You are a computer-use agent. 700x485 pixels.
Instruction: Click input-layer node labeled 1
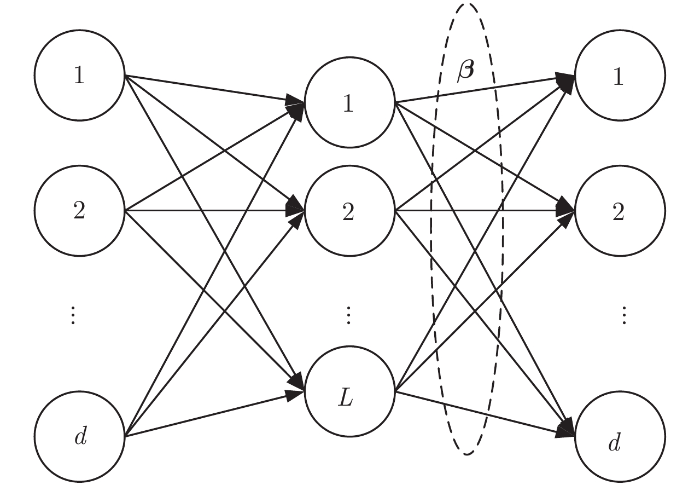80,76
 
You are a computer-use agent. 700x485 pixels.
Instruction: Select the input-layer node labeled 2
80,211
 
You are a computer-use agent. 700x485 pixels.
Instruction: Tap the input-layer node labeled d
80,436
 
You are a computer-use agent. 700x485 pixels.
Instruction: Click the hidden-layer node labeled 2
349,211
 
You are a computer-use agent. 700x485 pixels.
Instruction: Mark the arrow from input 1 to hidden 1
208,88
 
